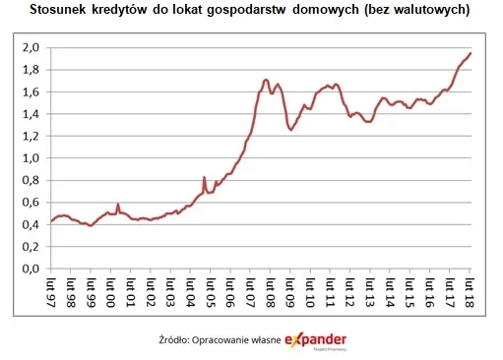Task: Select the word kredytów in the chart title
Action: point(113,10)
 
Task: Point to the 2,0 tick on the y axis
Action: point(31,47)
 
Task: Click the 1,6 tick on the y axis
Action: point(31,91)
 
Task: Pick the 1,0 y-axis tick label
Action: point(31,157)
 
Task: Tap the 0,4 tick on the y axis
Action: point(31,224)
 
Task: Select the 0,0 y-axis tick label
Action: point(31,269)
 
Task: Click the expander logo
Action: point(316,340)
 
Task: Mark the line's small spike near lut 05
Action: point(204,178)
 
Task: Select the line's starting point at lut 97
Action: point(50,221)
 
